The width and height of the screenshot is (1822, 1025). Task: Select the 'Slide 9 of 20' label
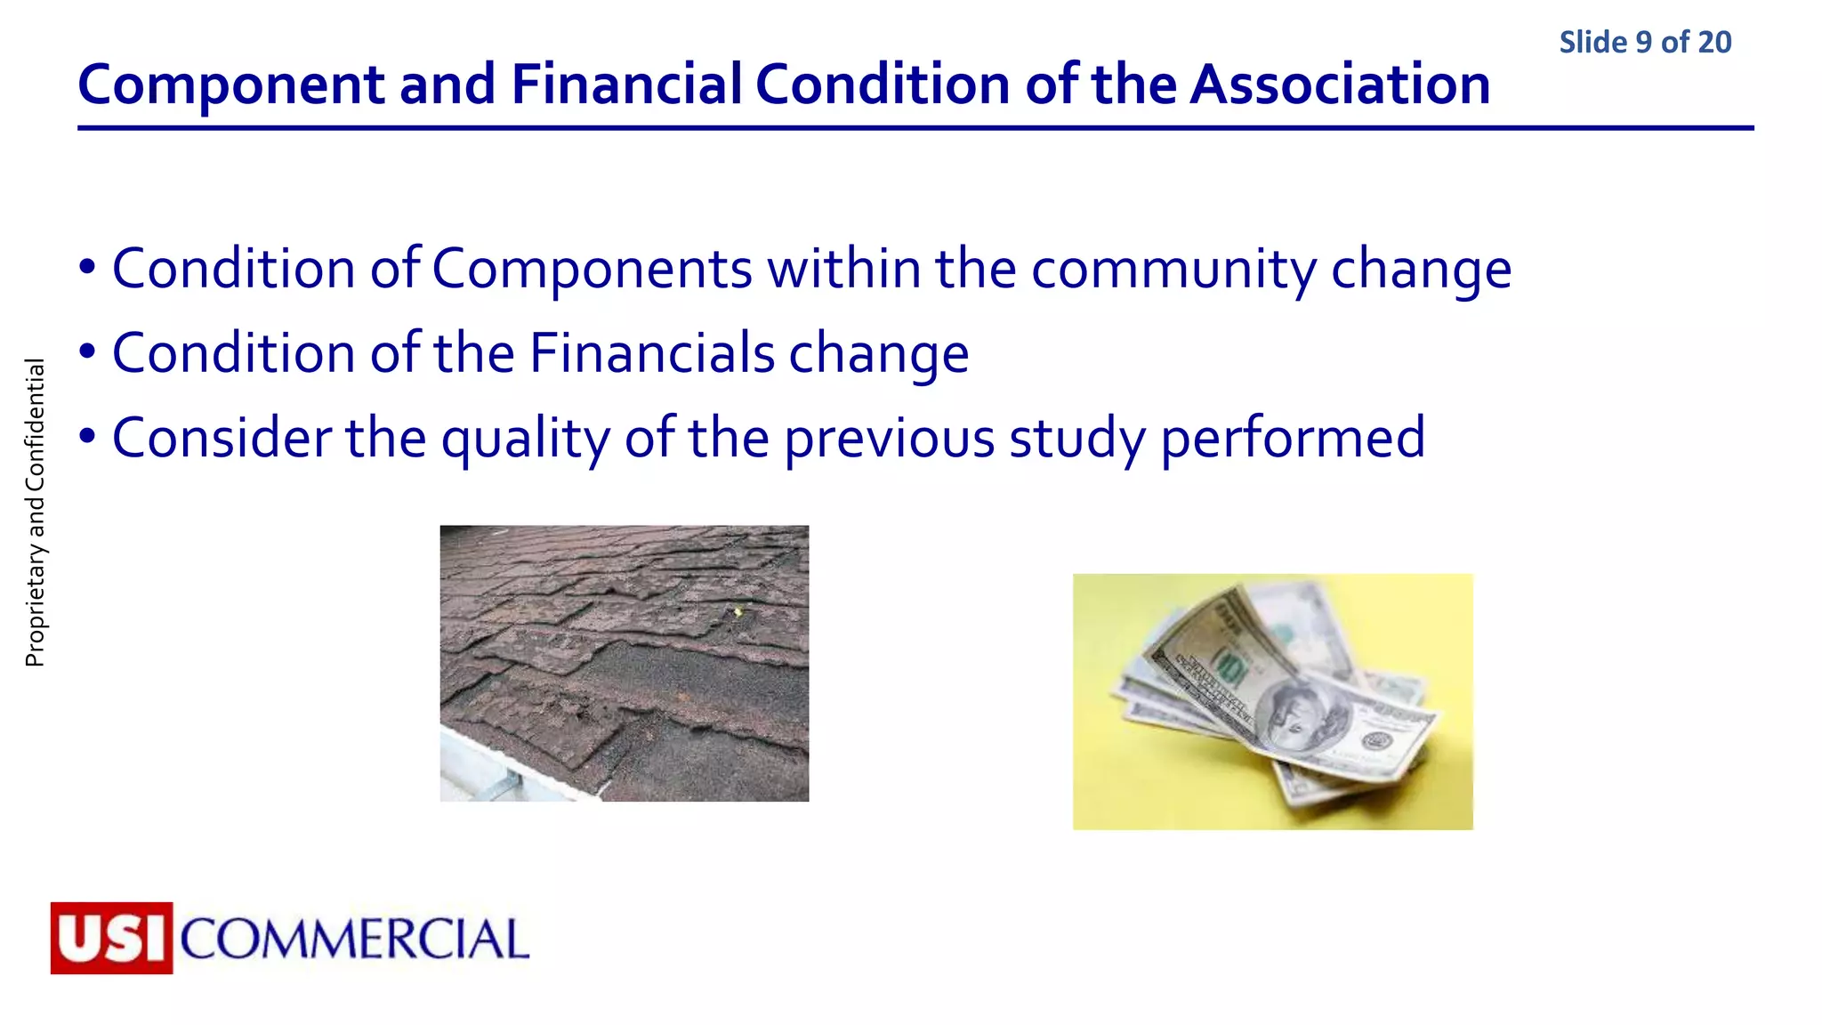[x=1645, y=42]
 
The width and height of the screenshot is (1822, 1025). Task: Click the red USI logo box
[x=111, y=938]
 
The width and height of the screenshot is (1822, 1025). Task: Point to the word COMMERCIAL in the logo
[x=354, y=940]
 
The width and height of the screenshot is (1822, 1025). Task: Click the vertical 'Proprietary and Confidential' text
[x=35, y=512]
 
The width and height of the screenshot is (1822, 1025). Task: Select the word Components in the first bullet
[x=592, y=269]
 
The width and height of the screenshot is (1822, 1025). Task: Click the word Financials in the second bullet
[x=652, y=353]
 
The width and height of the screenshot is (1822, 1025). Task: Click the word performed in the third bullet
[x=1293, y=439]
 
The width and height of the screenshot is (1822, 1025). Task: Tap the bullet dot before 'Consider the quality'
[x=86, y=437]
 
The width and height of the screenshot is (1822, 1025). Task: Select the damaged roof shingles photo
[x=624, y=663]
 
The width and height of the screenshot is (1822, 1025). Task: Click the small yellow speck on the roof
[x=737, y=611]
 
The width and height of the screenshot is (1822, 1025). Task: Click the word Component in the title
[x=231, y=85]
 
